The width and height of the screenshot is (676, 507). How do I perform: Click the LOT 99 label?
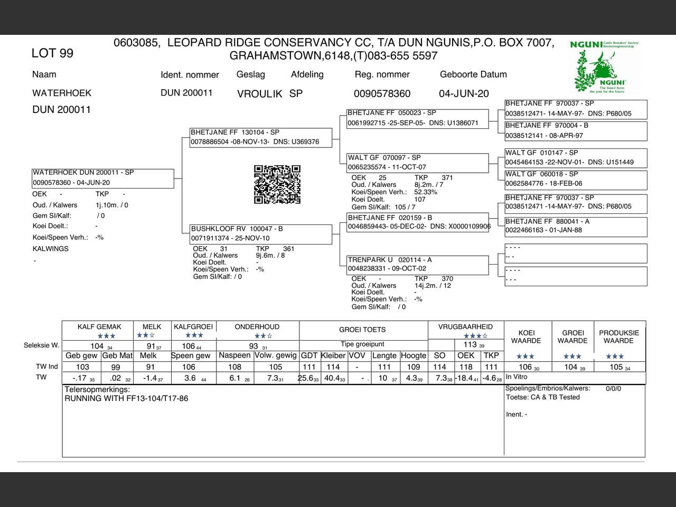pyautogui.click(x=52, y=53)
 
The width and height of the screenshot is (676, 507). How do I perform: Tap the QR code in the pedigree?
pyautogui.click(x=277, y=184)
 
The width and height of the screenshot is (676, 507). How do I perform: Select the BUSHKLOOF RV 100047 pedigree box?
pyautogui.click(x=261, y=234)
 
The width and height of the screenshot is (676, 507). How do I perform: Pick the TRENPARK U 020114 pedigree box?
pyautogui.click(x=418, y=265)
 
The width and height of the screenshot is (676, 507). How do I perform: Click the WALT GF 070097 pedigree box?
pyautogui.click(x=418, y=162)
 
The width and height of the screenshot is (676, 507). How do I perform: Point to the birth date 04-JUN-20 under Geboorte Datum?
pyautogui.click(x=464, y=94)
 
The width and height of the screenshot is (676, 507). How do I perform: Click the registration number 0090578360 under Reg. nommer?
pyautogui.click(x=382, y=94)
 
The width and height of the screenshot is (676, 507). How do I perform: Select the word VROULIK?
pyautogui.click(x=259, y=94)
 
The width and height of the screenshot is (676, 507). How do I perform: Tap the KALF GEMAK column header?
pyautogui.click(x=99, y=327)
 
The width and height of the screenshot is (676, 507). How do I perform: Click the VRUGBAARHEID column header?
pyautogui.click(x=465, y=327)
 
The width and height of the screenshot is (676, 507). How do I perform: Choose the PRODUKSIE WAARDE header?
pyautogui.click(x=619, y=337)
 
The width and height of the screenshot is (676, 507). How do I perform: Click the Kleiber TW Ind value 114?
pyautogui.click(x=333, y=367)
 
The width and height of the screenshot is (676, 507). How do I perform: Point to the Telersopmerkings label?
pyautogui.click(x=97, y=390)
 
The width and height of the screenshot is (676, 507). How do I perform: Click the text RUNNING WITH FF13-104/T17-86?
pyautogui.click(x=126, y=399)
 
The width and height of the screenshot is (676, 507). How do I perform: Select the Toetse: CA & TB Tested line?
pyautogui.click(x=543, y=397)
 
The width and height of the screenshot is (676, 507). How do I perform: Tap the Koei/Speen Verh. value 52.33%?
pyautogui.click(x=426, y=192)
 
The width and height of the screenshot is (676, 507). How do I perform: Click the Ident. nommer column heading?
pyautogui.click(x=190, y=75)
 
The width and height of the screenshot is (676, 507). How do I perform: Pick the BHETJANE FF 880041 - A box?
pyautogui.click(x=576, y=226)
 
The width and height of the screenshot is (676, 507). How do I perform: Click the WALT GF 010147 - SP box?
pyautogui.click(x=576, y=157)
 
